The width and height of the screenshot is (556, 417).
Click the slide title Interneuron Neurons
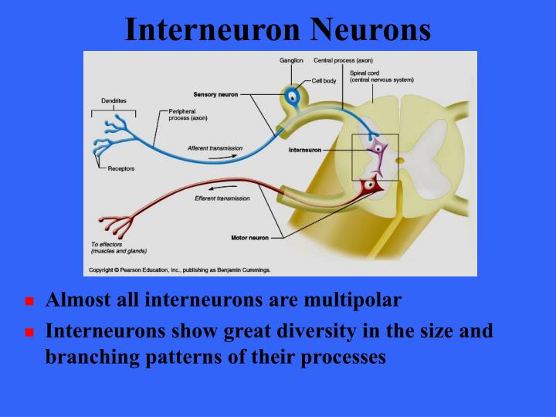coord(277,29)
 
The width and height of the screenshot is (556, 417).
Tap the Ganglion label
coord(291,59)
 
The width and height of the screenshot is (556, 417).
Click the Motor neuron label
coord(249,238)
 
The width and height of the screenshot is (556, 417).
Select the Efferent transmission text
coord(222,198)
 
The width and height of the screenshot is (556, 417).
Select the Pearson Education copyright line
coord(184,270)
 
